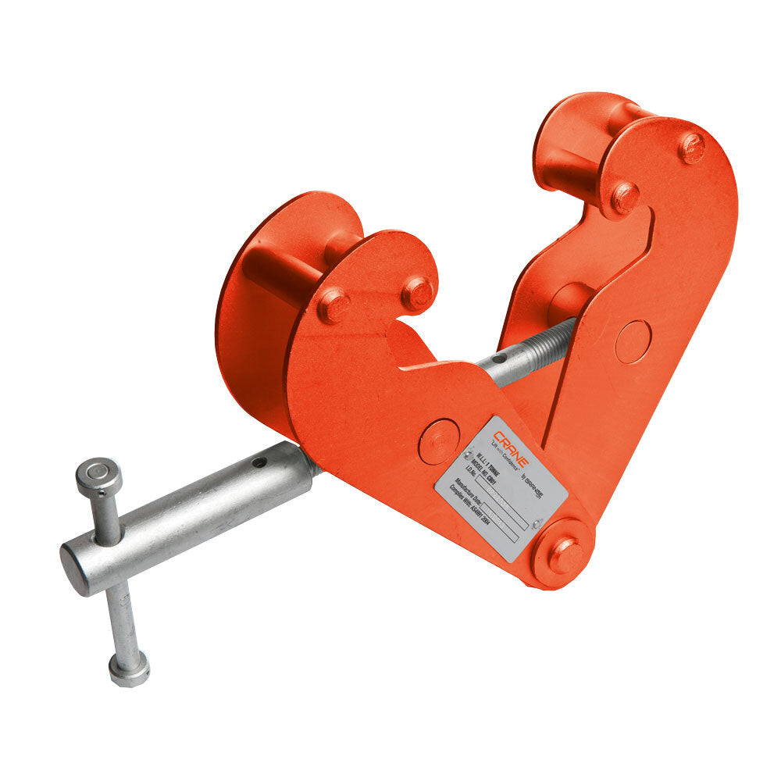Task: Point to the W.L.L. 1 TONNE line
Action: point(482,462)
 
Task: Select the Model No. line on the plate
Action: point(478,473)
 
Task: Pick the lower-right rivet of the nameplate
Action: point(536,524)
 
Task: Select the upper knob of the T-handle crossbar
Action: point(99,475)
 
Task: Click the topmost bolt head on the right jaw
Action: point(691,147)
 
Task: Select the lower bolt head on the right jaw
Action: point(625,197)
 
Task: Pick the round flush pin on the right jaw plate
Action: point(632,342)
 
